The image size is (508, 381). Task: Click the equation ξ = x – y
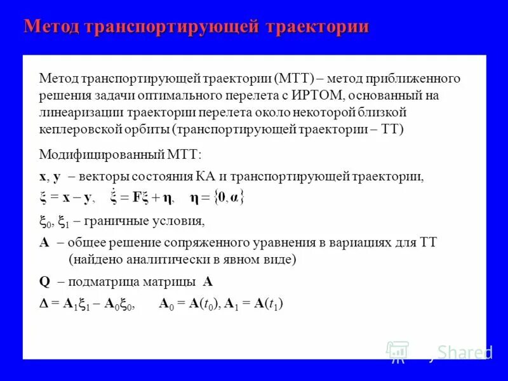67,198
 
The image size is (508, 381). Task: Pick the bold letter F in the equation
138,198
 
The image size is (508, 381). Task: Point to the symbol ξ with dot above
114,197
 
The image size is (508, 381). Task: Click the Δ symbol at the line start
43,304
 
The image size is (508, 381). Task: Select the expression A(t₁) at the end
268,304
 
